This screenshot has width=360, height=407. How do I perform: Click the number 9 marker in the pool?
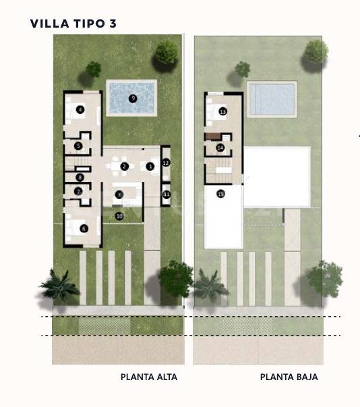pyautogui.click(x=133, y=98)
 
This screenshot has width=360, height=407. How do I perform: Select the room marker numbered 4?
pyautogui.click(x=80, y=109)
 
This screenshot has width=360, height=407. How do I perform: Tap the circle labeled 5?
pyautogui.click(x=79, y=146)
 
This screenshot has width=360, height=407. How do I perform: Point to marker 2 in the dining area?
pyautogui.click(x=124, y=166)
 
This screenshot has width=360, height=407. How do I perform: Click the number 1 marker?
pyautogui.click(x=150, y=166)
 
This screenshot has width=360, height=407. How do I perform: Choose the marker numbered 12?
pyautogui.click(x=166, y=162)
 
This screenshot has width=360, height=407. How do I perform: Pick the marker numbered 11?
pyautogui.click(x=166, y=195)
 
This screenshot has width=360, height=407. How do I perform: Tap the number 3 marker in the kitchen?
pyautogui.click(x=119, y=195)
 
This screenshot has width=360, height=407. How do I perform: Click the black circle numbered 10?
pyautogui.click(x=119, y=216)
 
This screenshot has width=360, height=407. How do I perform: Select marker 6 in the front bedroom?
pyautogui.click(x=84, y=228)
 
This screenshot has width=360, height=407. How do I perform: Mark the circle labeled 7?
pyautogui.click(x=79, y=191)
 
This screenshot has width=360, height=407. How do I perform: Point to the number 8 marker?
pyautogui.click(x=80, y=178)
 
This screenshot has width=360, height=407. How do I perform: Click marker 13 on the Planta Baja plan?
pyautogui.click(x=222, y=111)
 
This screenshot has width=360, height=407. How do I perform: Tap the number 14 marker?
pyautogui.click(x=220, y=147)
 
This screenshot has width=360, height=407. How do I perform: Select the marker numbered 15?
pyautogui.click(x=220, y=194)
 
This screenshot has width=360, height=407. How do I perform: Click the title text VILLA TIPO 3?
pyautogui.click(x=73, y=24)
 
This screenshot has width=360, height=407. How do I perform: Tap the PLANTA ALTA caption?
pyautogui.click(x=149, y=377)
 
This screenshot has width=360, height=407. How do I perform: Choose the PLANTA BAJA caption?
pyautogui.click(x=289, y=377)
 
